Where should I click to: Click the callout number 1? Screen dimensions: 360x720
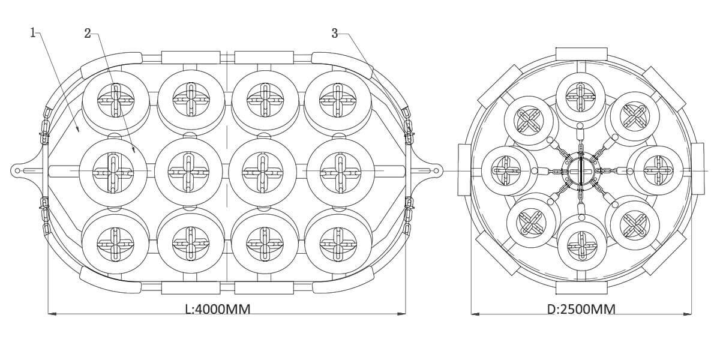(33, 32)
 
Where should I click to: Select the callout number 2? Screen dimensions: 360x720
(88, 34)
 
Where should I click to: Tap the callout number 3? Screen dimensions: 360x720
(335, 33)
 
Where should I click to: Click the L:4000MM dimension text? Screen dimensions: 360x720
(218, 309)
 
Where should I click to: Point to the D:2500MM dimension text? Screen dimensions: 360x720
(581, 309)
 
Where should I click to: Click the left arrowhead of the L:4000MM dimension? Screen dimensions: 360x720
(50, 313)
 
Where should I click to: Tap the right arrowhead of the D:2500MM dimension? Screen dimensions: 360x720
(689, 313)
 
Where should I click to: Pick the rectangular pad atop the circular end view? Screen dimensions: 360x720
(580, 53)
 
